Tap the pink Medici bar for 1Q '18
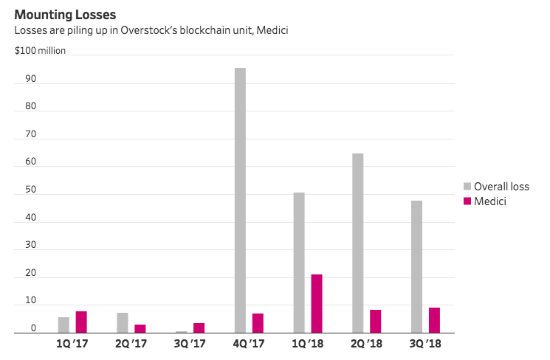click(x=317, y=303)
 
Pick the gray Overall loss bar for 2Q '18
click(x=358, y=243)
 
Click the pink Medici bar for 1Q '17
click(x=81, y=322)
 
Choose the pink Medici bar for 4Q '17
click(x=258, y=323)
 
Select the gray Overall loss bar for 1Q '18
click(x=299, y=263)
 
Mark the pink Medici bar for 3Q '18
click(x=435, y=320)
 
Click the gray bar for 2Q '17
click(x=122, y=322)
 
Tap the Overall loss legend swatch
click(x=467, y=187)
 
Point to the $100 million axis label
click(x=40, y=51)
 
